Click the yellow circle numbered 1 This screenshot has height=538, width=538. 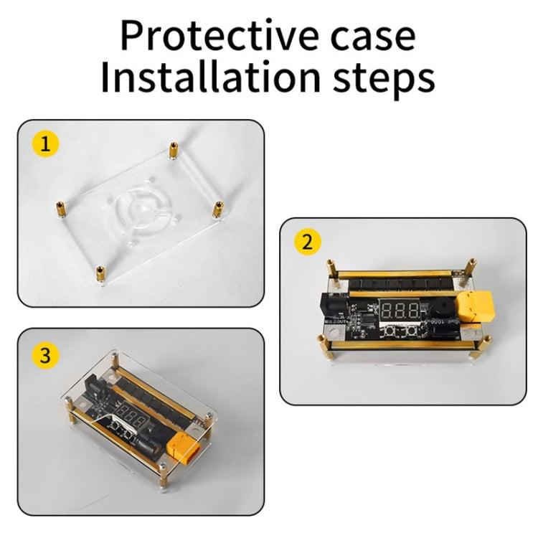46,145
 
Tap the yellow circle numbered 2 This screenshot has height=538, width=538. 308,242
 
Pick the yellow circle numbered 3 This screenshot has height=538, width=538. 46,356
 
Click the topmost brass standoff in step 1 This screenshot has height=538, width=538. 173,151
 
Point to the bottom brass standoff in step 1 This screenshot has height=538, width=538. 99,273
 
